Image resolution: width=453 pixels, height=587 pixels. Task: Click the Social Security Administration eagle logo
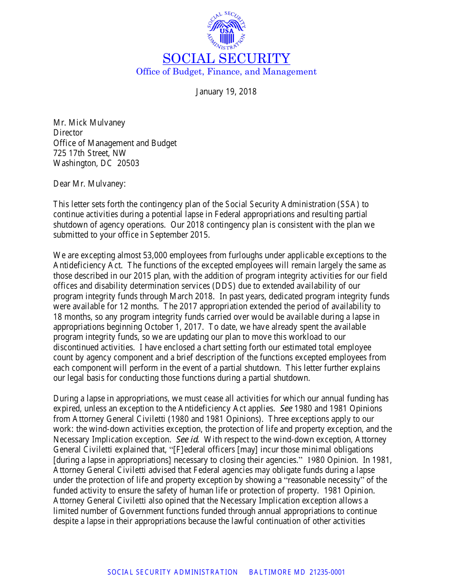pos(226,30)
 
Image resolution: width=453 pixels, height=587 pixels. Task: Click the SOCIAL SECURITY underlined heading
pos(226,59)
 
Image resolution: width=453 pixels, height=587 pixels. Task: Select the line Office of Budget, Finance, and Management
pos(226,72)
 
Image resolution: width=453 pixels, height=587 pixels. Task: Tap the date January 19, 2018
pos(226,92)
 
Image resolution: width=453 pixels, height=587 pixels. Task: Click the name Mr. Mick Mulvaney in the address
pos(89,123)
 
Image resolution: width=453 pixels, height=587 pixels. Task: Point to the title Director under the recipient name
pos(68,133)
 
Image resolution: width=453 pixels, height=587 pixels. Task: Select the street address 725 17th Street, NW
pos(90,153)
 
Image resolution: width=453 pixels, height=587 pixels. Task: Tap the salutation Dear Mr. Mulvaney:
pos(89,184)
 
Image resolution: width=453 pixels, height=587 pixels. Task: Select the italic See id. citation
pos(187,440)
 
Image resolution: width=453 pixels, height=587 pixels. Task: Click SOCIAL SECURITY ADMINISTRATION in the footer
pos(173,572)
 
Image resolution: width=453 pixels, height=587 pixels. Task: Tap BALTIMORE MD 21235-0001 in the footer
pos(297,572)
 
